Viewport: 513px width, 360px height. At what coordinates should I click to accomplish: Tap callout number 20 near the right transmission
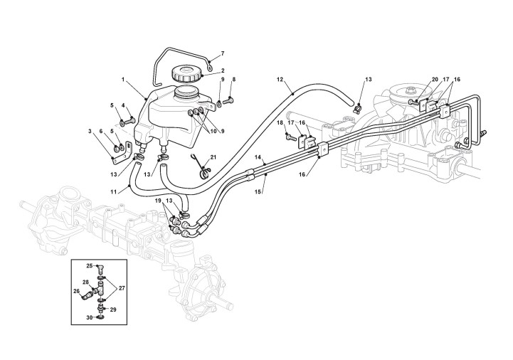coord(435,80)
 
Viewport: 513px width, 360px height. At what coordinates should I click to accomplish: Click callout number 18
coord(280,122)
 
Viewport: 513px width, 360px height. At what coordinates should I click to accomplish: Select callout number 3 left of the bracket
coord(90,131)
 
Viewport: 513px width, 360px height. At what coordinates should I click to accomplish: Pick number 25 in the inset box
coord(90,265)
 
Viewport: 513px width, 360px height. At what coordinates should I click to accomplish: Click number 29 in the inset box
coord(112,310)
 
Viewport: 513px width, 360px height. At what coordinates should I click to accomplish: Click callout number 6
coord(100,131)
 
